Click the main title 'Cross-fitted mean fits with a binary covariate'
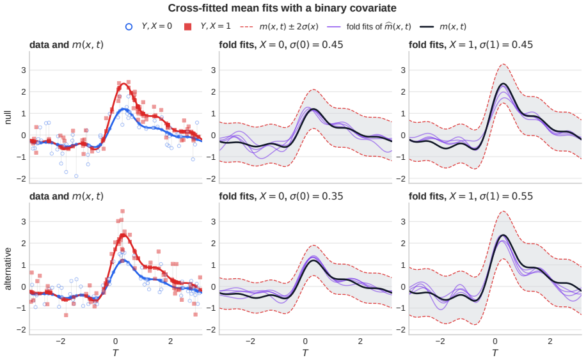(282, 8)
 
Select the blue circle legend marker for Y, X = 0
(129, 26)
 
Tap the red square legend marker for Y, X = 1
(187, 26)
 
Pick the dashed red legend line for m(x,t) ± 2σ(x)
(247, 26)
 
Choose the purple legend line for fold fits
(334, 26)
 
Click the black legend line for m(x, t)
(427, 26)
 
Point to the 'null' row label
(8, 117)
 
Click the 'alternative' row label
(8, 269)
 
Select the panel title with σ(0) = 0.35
(281, 196)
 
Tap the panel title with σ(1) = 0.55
(471, 196)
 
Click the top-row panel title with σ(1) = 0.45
(471, 44)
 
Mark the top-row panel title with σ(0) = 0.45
(281, 44)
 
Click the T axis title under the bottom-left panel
(116, 352)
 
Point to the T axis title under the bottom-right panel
(495, 352)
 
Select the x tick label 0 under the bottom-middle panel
(305, 341)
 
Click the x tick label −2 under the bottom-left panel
(61, 341)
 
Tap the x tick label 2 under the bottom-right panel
(550, 341)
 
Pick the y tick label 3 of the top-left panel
(23, 70)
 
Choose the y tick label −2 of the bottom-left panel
(21, 330)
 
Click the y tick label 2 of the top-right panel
(403, 91)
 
